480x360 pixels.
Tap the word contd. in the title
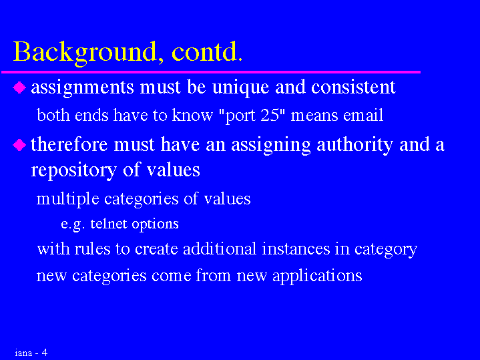coord(207,51)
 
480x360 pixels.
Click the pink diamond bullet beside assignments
coord(19,87)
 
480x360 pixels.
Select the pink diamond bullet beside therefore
coord(19,145)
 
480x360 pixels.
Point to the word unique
coord(240,88)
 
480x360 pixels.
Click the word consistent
coord(353,87)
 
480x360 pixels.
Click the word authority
coord(354,145)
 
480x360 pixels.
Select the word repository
coord(73,171)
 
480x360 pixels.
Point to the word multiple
coord(67,200)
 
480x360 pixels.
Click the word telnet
coord(108,224)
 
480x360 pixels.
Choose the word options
coord(155,224)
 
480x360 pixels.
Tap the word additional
coord(220,248)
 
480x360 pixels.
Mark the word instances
coord(296,248)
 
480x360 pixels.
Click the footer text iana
coord(23,353)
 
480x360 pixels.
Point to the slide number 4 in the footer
coord(45,353)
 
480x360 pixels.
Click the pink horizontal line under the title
coord(211,72)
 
